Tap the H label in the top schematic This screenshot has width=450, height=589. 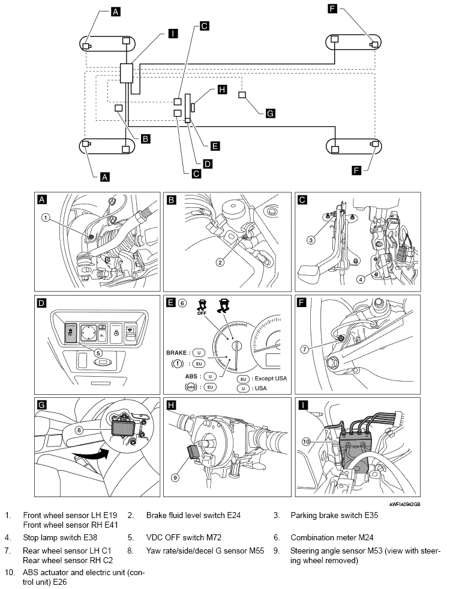[x=222, y=90]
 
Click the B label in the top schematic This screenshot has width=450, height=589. [x=145, y=138]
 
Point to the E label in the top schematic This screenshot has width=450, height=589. [x=215, y=145]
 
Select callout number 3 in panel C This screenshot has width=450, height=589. [x=311, y=241]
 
